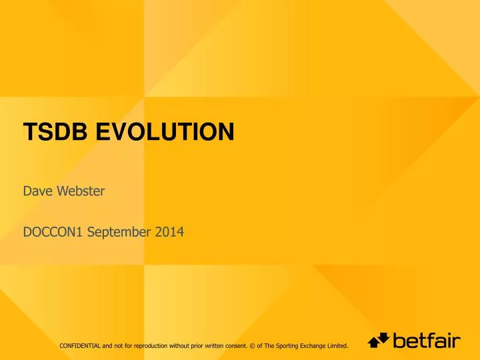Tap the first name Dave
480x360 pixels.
pyautogui.click(x=37, y=193)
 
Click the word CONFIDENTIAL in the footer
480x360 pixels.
pyautogui.click(x=79, y=345)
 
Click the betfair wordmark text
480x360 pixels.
pyautogui.click(x=427, y=341)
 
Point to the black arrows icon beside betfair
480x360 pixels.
pyautogui.click(x=379, y=341)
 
